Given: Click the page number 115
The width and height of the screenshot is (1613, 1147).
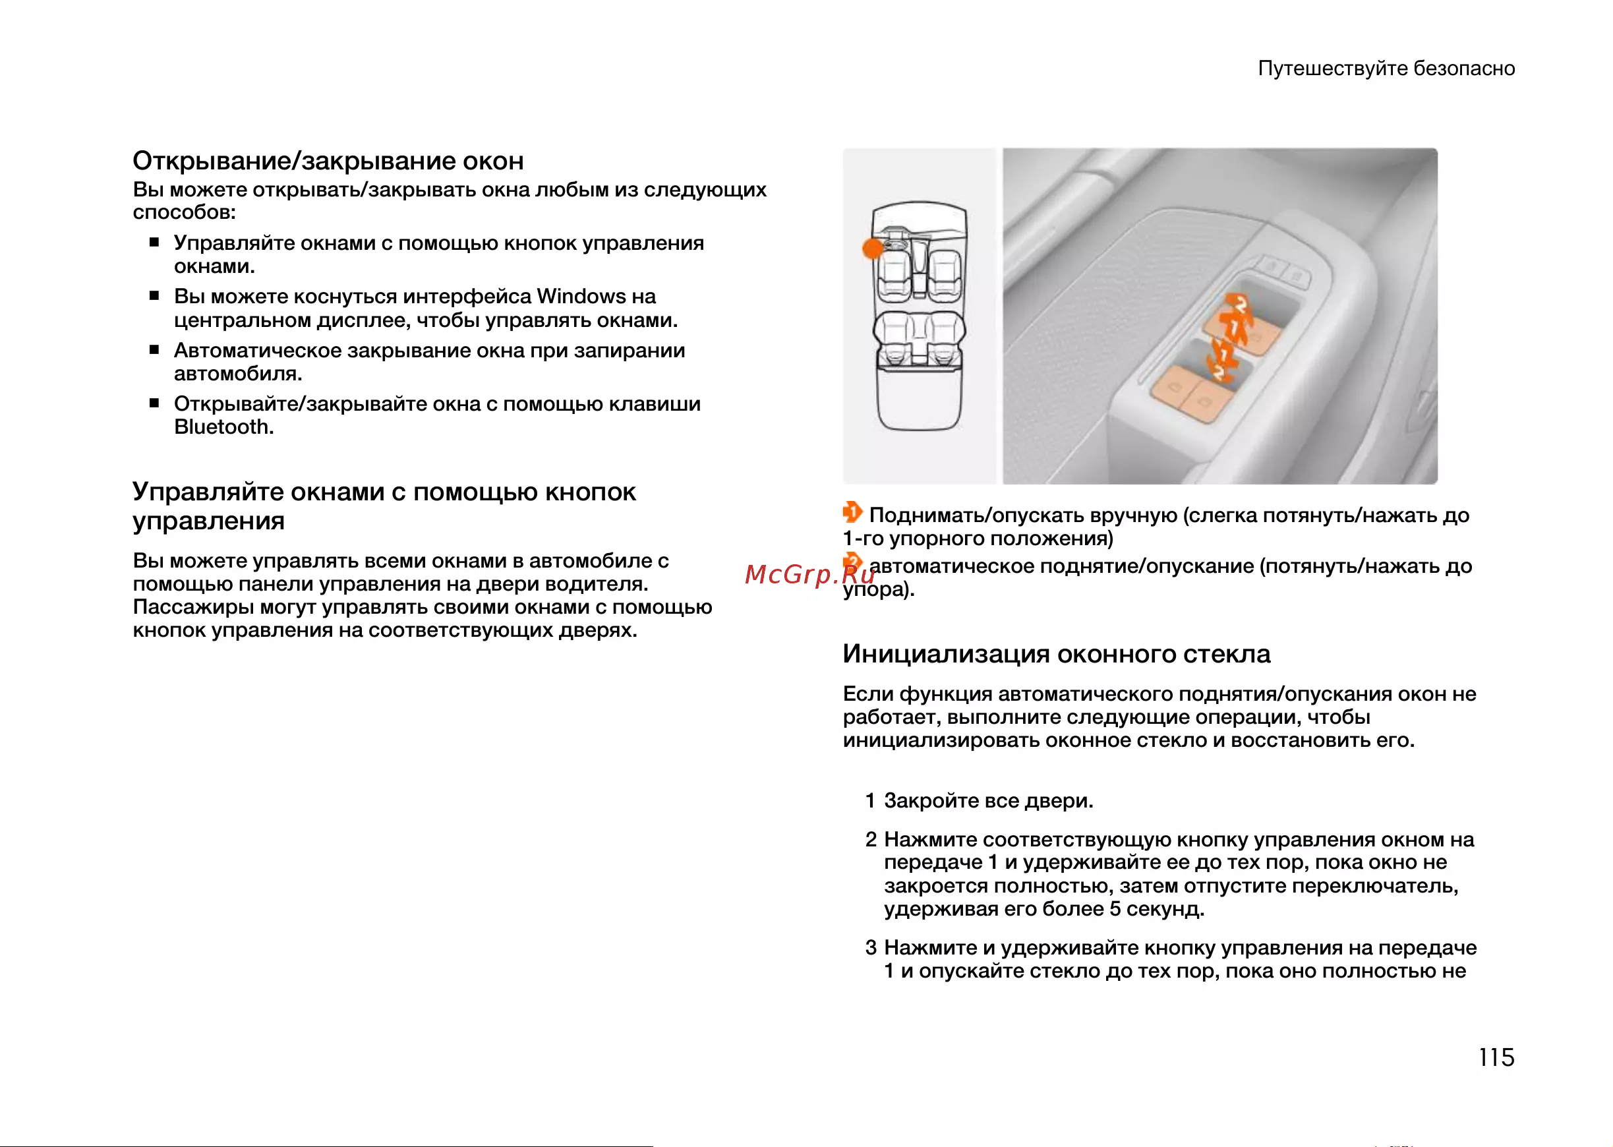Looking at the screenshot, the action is coord(1496,1057).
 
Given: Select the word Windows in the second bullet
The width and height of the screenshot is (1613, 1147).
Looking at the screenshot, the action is coord(581,296).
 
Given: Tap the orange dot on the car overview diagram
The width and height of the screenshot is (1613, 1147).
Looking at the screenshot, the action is coord(873,249).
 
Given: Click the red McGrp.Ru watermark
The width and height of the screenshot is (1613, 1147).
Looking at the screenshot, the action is coord(810,574).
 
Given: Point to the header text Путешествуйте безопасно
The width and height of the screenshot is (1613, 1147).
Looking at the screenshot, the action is coord(1386,69).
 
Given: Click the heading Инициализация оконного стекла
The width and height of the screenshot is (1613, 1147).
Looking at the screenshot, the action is coord(1057,654).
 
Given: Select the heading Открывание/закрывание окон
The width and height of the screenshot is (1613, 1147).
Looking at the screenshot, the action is coord(328,161).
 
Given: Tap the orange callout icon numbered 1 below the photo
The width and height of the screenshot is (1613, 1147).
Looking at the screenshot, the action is coord(852,512).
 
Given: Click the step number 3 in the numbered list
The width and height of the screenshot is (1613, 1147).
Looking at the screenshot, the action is coord(871,947).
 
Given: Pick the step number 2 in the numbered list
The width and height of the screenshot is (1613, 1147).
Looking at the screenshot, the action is coord(871,839).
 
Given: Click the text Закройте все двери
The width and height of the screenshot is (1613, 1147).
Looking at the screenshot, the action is coord(989,801).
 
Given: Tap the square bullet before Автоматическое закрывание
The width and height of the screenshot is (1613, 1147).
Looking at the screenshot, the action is coord(154,349).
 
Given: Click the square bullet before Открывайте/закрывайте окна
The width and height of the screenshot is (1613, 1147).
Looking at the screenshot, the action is coord(154,403).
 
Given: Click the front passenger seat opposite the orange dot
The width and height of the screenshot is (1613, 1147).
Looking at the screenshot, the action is coord(943,274).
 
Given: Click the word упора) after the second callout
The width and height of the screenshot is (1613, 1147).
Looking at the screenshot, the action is coord(879,590).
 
